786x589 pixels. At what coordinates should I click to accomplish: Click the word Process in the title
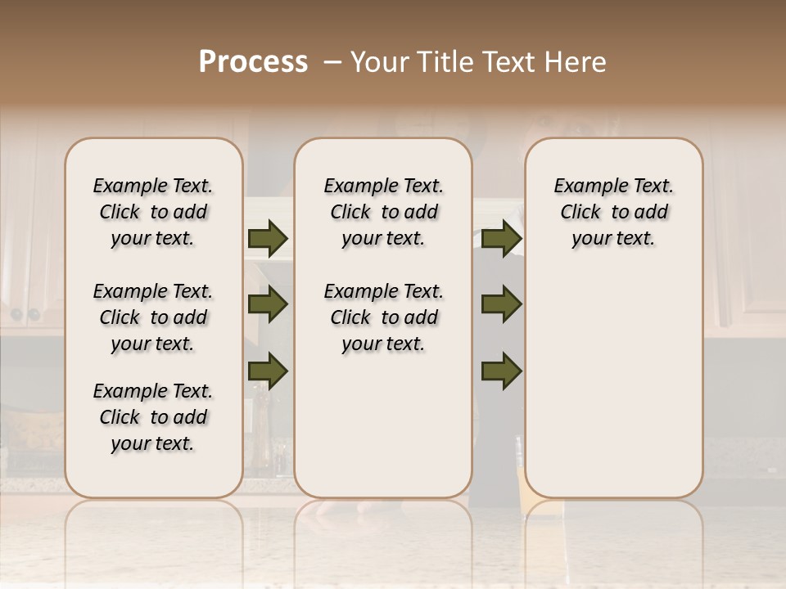point(253,62)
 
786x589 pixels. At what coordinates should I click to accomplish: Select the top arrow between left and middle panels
point(268,238)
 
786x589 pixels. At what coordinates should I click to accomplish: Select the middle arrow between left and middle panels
point(268,305)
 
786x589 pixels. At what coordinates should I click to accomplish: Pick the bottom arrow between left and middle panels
point(268,371)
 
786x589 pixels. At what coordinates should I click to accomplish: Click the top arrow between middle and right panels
point(501,238)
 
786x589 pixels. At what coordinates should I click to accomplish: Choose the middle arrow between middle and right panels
point(501,305)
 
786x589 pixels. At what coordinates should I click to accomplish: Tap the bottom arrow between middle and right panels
point(501,371)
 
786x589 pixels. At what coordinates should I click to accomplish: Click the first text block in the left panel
point(153,212)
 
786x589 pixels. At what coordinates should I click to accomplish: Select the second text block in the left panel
point(153,317)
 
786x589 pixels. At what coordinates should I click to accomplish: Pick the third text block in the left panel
point(153,417)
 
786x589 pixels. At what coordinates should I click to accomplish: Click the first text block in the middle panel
point(383,212)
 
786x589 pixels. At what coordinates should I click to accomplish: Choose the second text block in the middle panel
point(383,317)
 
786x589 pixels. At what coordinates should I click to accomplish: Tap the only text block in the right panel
point(614,212)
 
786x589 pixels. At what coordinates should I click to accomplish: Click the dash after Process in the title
point(332,62)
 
